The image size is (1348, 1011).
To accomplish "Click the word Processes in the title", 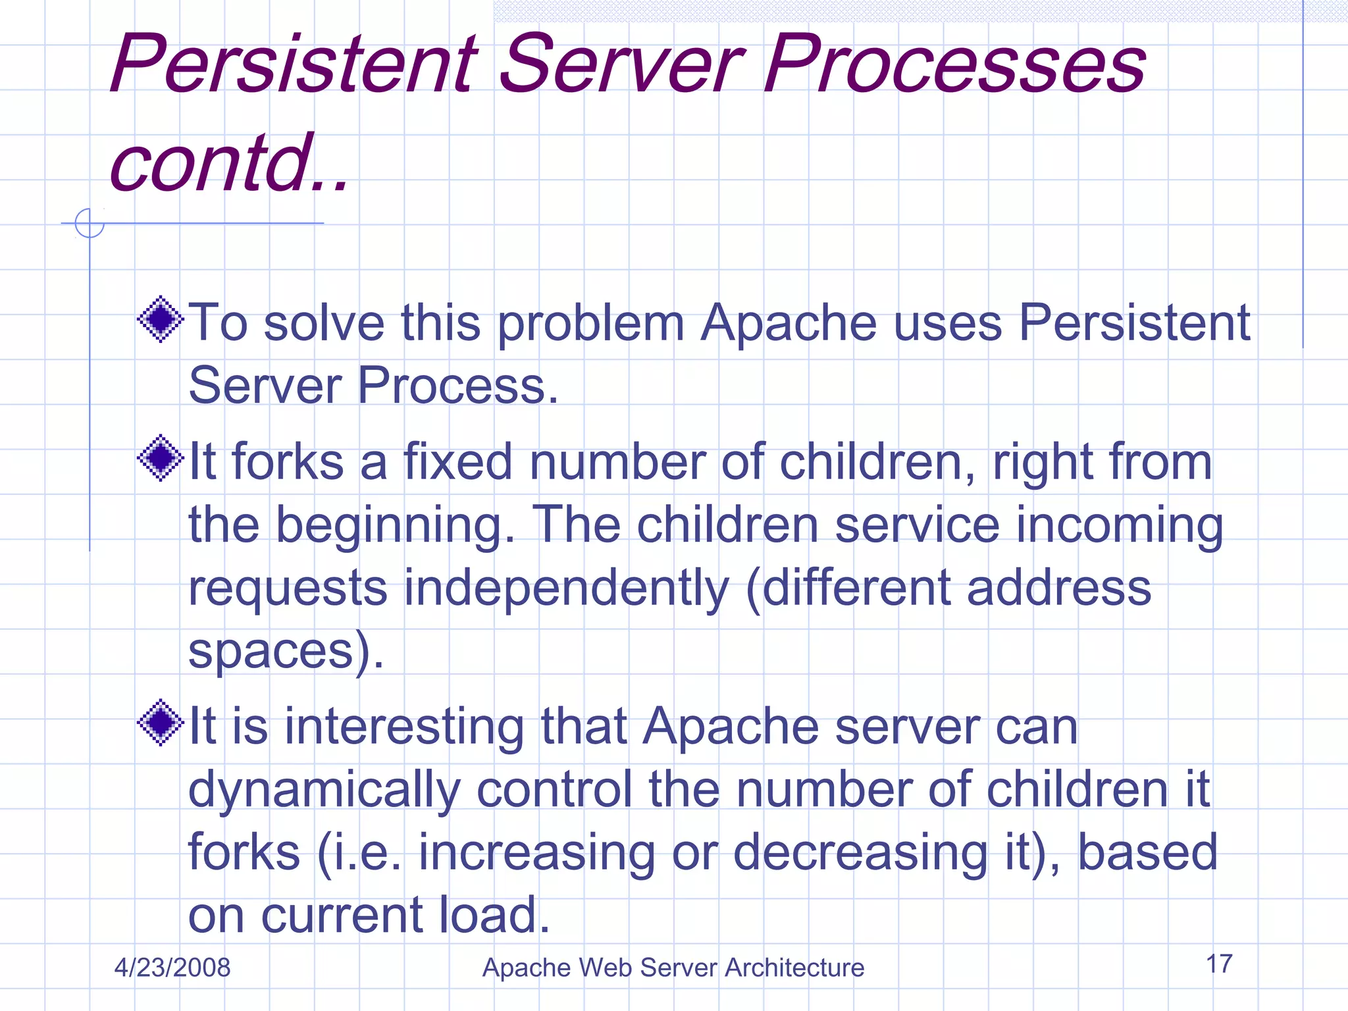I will coord(954,64).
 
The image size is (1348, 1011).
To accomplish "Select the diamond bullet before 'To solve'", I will coord(160,320).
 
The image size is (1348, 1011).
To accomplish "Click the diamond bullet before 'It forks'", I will coord(160,458).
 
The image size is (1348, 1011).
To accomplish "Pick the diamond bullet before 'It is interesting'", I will coord(160,723).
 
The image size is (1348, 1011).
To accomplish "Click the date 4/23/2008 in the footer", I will coord(172,968).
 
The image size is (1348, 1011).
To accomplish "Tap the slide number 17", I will coord(1219,964).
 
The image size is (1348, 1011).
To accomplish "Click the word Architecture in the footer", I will coord(794,968).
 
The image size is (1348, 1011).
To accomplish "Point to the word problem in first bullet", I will coord(590,324).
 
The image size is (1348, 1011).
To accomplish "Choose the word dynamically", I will coord(324,790).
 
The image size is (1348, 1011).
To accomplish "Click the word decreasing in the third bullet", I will coord(860,852).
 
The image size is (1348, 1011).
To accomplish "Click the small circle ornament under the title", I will coord(90,223).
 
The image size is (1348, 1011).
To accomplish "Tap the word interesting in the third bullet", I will coord(403,727).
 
